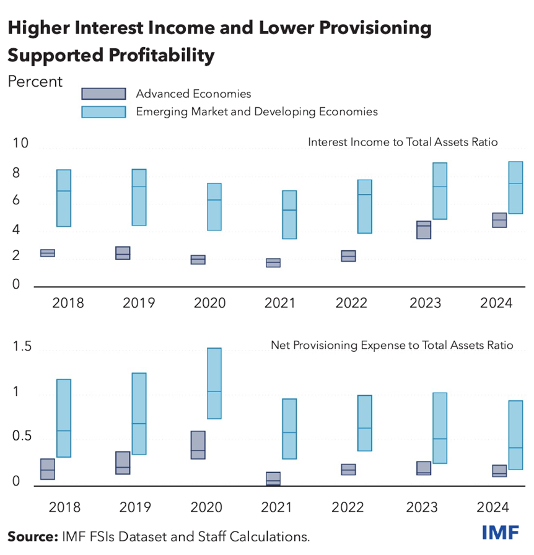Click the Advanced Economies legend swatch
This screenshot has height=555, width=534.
[103, 94]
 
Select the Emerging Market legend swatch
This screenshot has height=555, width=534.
[103, 111]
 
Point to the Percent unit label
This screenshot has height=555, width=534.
[35, 81]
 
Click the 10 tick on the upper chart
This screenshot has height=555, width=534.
[20, 144]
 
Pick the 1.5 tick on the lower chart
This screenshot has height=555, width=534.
[20, 348]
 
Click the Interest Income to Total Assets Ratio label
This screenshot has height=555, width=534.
[403, 142]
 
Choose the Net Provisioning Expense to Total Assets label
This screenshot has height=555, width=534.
[392, 345]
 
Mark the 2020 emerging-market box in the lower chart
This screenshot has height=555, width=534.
[214, 383]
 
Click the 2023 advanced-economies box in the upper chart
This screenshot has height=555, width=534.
[424, 230]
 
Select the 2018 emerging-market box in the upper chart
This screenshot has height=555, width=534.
[64, 198]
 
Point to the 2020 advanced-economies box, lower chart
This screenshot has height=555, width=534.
[198, 445]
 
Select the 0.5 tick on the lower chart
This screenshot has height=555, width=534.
[20, 437]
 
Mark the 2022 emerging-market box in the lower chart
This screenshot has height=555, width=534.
[365, 423]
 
